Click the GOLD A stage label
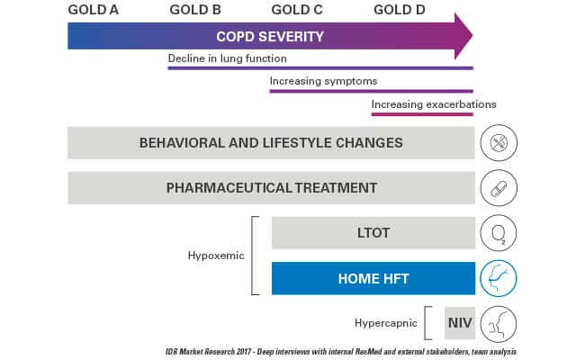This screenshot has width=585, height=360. pyautogui.click(x=94, y=10)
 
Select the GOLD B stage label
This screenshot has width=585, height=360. pyautogui.click(x=195, y=10)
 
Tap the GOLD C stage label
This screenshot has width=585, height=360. pyautogui.click(x=297, y=10)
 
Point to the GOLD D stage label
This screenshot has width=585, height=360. pyautogui.click(x=400, y=10)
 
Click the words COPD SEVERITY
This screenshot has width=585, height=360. pyautogui.click(x=270, y=37)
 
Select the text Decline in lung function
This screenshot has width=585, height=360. pyautogui.click(x=227, y=58)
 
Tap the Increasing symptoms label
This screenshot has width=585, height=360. pyautogui.click(x=323, y=81)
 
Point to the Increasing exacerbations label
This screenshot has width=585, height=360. pyautogui.click(x=434, y=104)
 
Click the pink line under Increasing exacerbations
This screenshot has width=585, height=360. pyautogui.click(x=422, y=114)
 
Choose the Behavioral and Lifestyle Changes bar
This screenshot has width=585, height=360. pyautogui.click(x=271, y=143)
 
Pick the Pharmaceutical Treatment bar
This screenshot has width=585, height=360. pyautogui.click(x=271, y=187)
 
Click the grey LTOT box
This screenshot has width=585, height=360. pyautogui.click(x=373, y=233)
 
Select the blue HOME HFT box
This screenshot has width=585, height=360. pyautogui.click(x=373, y=278)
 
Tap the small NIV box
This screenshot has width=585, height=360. pyautogui.click(x=460, y=323)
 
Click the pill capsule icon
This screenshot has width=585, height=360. pyautogui.click(x=499, y=188)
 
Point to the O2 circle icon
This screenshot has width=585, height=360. pyautogui.click(x=499, y=233)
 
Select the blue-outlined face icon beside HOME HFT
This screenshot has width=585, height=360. pyautogui.click(x=499, y=278)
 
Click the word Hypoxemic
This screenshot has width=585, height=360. pyautogui.click(x=216, y=256)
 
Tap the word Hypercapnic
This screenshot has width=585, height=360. pyautogui.click(x=386, y=323)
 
